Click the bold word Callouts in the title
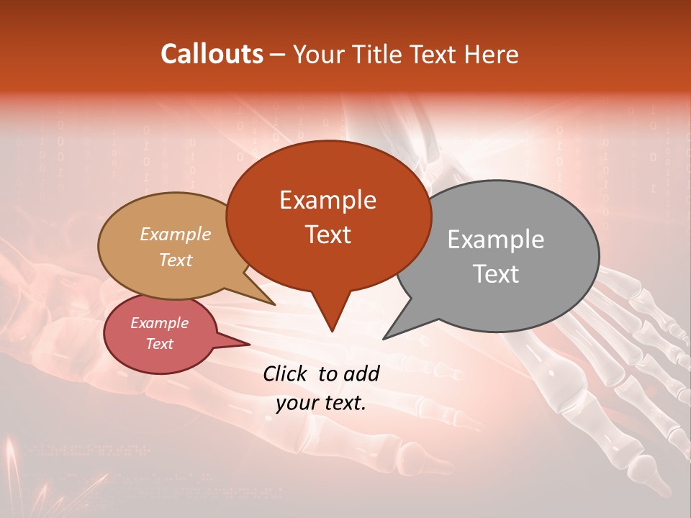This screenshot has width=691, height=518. pyautogui.click(x=212, y=54)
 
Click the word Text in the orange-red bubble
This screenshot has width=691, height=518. pyautogui.click(x=328, y=234)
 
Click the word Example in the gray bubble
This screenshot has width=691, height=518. pyautogui.click(x=496, y=240)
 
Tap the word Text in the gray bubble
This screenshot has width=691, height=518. pyautogui.click(x=496, y=274)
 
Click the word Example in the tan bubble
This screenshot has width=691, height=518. pyautogui.click(x=176, y=234)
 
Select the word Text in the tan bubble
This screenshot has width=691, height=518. pyautogui.click(x=176, y=260)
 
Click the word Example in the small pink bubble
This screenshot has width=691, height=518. pyautogui.click(x=159, y=323)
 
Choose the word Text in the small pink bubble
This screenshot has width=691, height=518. pyautogui.click(x=159, y=344)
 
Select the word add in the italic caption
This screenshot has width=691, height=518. pyautogui.click(x=361, y=373)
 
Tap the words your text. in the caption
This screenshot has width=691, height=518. pyautogui.click(x=321, y=403)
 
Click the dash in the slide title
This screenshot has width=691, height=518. pyautogui.click(x=278, y=54)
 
